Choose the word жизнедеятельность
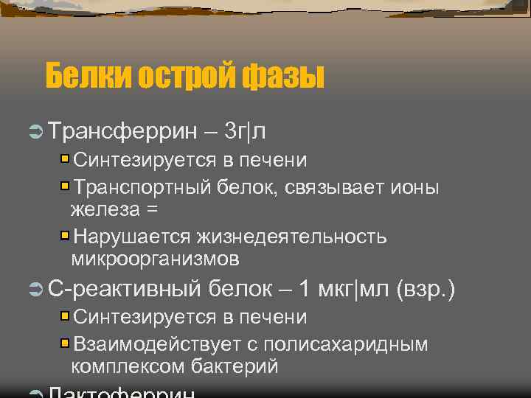click(291, 237)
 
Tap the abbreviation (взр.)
click(426, 290)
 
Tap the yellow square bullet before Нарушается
click(65, 236)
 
